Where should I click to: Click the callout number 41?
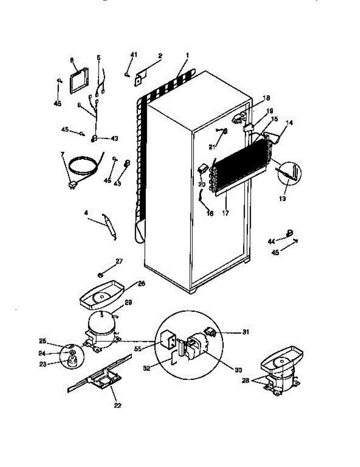pyautogui.click(x=133, y=55)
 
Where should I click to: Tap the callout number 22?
pyautogui.click(x=118, y=405)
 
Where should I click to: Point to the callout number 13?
pyautogui.click(x=282, y=198)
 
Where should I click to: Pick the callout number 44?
pyautogui.click(x=271, y=242)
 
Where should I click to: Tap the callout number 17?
pyautogui.click(x=225, y=213)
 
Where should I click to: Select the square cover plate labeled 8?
pyautogui.click(x=79, y=81)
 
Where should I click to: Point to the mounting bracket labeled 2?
pyautogui.click(x=141, y=76)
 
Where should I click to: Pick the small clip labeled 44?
pyautogui.click(x=289, y=233)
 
